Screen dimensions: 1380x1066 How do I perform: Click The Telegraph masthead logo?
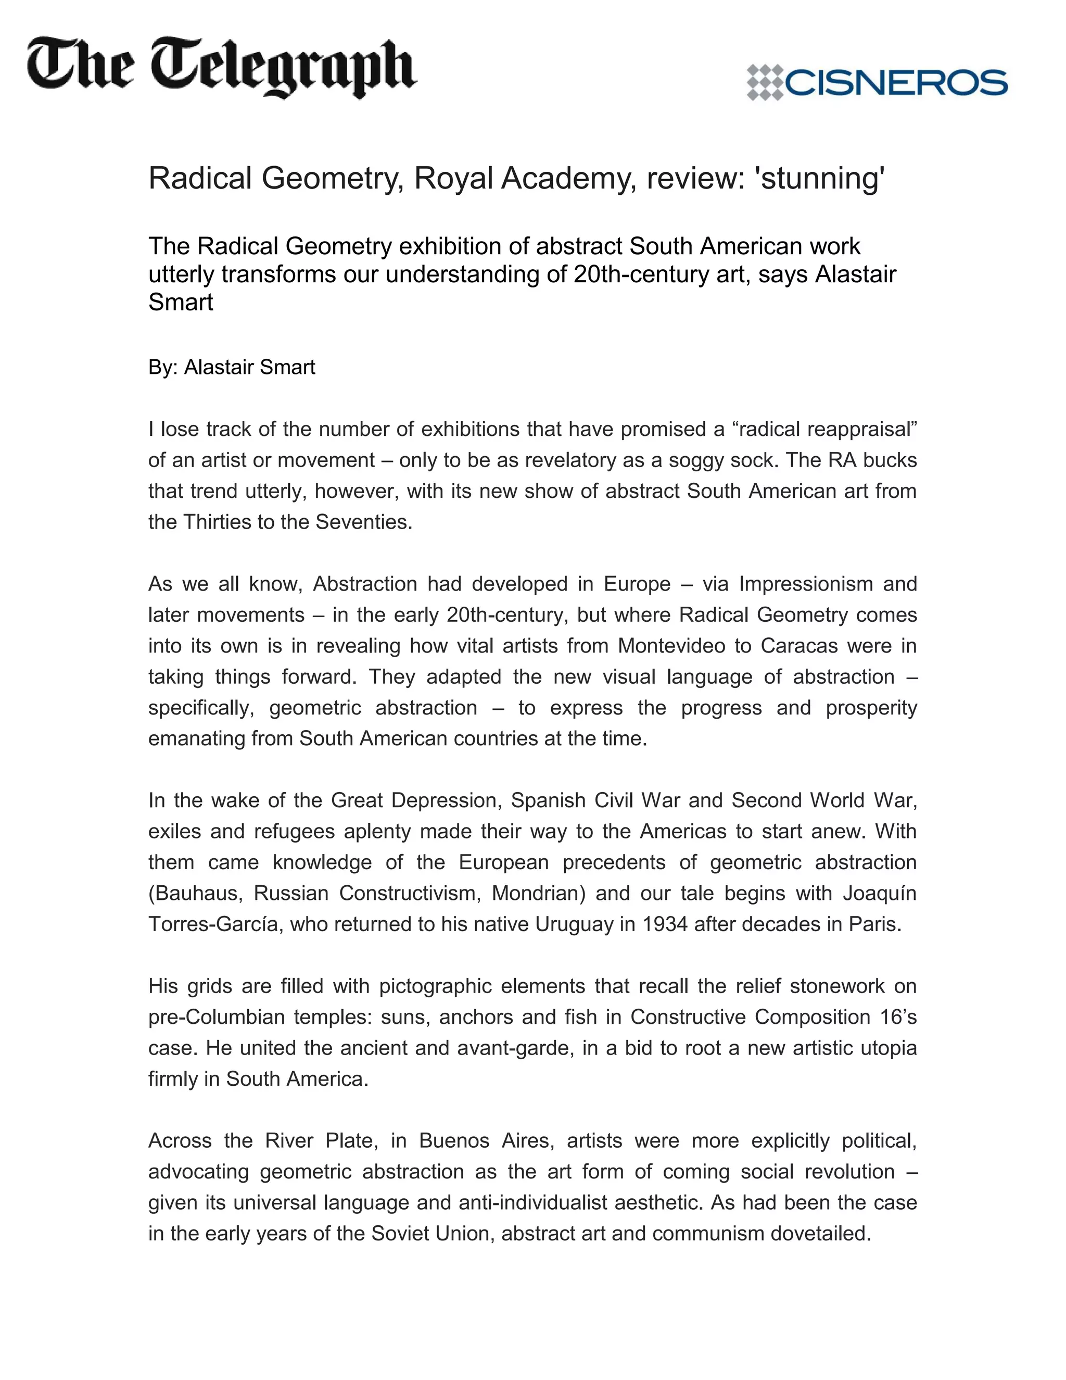click(221, 68)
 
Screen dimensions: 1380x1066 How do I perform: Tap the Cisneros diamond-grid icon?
click(764, 82)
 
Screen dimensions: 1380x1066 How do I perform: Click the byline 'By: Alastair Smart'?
click(231, 367)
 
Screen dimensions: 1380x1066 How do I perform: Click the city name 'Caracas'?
click(799, 646)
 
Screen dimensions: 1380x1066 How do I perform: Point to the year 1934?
click(664, 924)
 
